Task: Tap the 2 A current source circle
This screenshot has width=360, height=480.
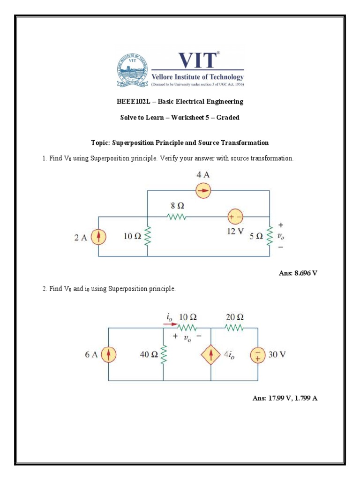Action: pos(98,237)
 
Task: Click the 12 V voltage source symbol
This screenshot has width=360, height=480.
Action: pos(235,217)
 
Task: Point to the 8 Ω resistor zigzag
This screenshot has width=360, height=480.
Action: pos(177,217)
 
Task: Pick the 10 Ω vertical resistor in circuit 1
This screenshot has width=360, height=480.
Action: pos(148,237)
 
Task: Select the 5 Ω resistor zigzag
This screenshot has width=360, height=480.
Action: pos(270,237)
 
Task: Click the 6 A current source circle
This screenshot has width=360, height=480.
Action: pos(108,355)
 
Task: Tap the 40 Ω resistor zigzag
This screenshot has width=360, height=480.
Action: pos(163,355)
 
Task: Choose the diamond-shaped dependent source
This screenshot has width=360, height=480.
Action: pos(211,355)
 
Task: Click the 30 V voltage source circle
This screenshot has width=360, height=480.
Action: pos(258,355)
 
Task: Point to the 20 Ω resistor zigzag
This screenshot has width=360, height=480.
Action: pos(234,328)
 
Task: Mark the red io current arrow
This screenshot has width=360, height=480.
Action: pos(172,324)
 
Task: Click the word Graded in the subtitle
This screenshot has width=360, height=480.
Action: pos(228,117)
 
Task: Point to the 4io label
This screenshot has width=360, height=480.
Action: pos(229,355)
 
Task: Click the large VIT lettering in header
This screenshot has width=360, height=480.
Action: pos(197,60)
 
